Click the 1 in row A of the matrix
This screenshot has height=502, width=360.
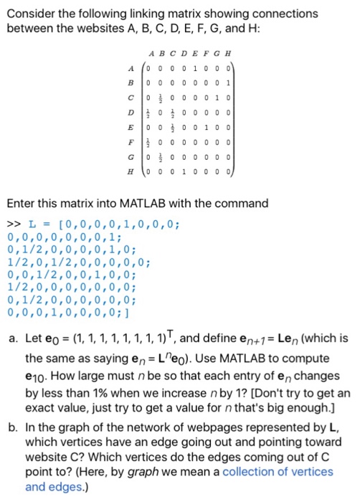click(194, 67)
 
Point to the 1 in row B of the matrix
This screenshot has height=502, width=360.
click(228, 82)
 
